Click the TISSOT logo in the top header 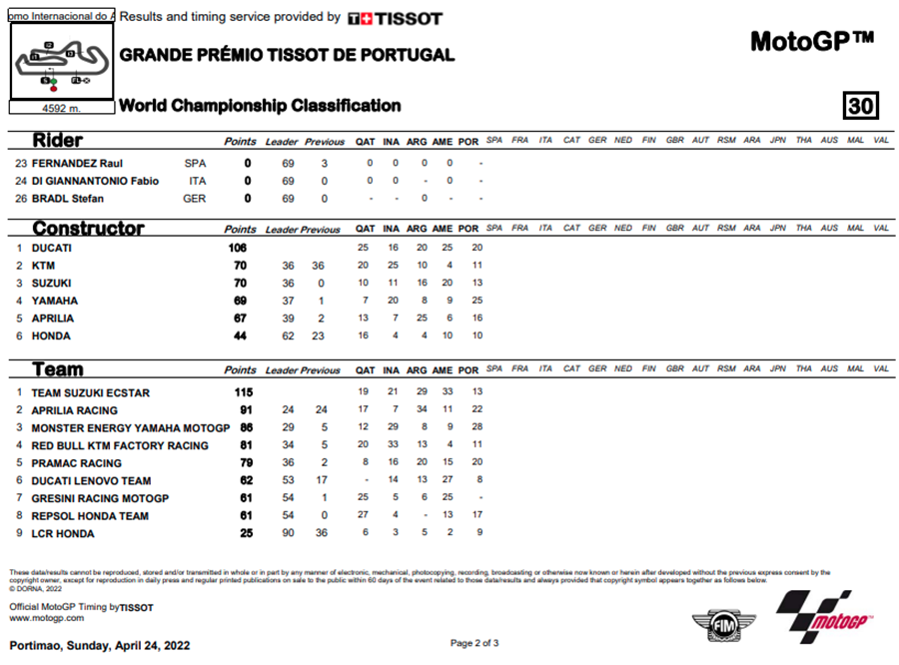click(x=396, y=18)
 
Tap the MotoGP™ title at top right click(x=811, y=41)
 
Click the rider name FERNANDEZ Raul click(x=77, y=163)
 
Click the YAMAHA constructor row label click(x=54, y=301)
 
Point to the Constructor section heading click(x=88, y=229)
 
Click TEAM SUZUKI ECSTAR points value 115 click(x=243, y=393)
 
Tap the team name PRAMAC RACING click(x=76, y=463)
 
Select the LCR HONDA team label click(x=62, y=534)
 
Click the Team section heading click(x=58, y=369)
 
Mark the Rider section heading click(x=58, y=141)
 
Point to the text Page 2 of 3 click(x=474, y=642)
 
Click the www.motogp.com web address click(x=47, y=618)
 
